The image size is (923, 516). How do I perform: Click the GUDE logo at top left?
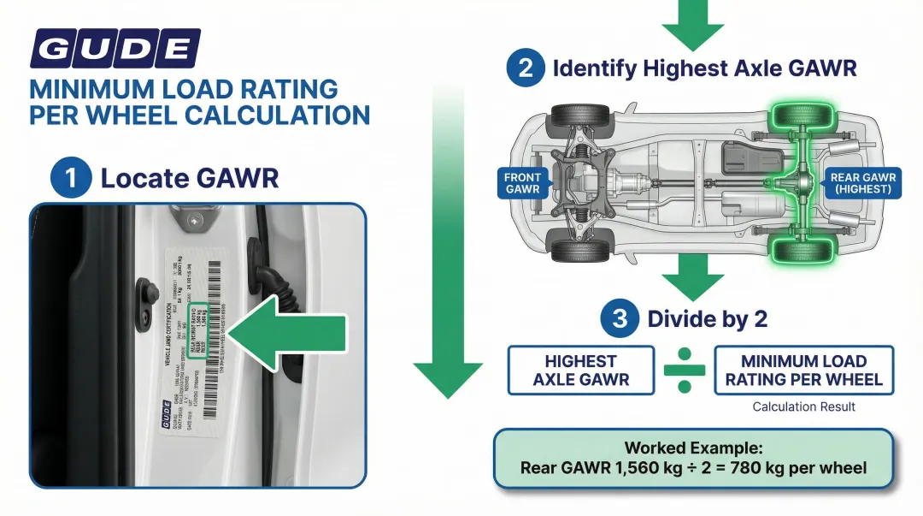point(115,48)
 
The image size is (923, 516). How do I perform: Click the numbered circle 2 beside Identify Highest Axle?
point(526,68)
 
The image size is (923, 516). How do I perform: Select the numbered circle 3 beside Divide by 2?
point(620,319)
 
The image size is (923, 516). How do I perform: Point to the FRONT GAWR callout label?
point(523,183)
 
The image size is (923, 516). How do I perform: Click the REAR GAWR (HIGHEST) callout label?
point(863,183)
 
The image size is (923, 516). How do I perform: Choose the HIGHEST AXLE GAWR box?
point(580,370)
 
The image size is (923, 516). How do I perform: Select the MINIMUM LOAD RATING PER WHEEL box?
point(803,370)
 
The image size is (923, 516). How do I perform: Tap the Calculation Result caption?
point(803,407)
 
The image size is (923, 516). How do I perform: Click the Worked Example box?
point(693,458)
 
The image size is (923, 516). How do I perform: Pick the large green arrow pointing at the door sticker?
point(286,330)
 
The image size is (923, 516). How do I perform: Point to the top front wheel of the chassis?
point(579,116)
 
